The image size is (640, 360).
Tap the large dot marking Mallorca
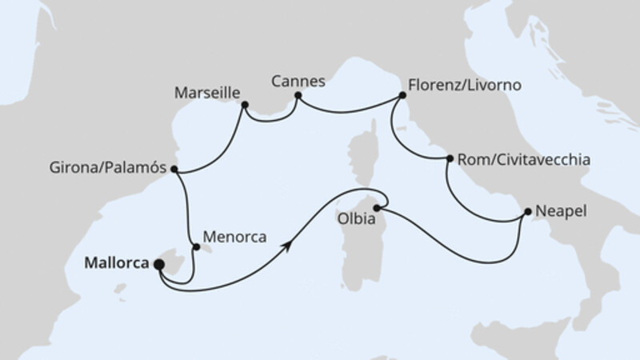(x=158, y=264)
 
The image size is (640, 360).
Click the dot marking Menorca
(x=196, y=247)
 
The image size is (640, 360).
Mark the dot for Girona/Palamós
(x=174, y=170)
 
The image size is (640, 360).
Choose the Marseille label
(x=206, y=94)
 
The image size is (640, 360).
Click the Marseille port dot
(x=244, y=104)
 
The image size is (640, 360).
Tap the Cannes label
(x=298, y=81)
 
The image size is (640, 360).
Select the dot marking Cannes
(x=298, y=96)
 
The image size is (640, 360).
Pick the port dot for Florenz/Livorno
(x=400, y=96)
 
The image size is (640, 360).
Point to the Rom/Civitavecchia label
(x=524, y=160)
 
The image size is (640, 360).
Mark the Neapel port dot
(x=527, y=212)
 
